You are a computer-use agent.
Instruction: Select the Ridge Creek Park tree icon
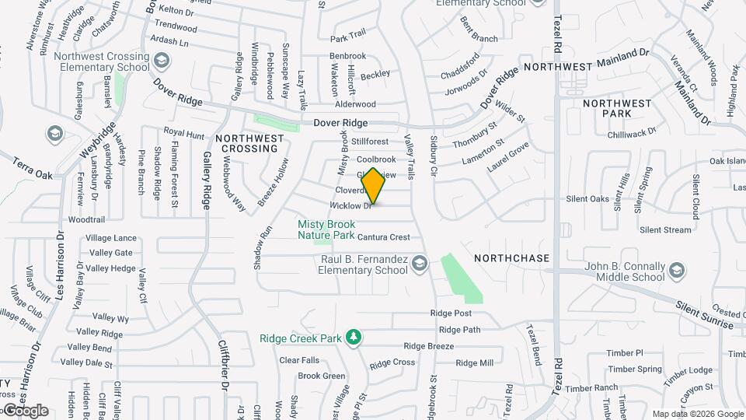coord(354,336)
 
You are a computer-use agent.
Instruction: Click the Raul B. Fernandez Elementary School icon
coord(420,262)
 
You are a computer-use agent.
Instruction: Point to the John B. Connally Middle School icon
coord(678,270)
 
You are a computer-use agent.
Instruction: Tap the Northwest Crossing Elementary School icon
coord(162,60)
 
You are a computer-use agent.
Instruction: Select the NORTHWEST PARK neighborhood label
coord(617,108)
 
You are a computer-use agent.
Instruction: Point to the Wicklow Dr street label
coord(352,206)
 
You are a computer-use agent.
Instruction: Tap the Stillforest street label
coord(369,142)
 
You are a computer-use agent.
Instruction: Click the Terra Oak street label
coord(33,170)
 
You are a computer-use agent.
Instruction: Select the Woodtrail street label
coord(86,220)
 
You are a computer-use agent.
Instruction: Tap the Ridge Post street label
coord(451,313)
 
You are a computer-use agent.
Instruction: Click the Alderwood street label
coord(355,104)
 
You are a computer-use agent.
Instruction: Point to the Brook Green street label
coord(322,376)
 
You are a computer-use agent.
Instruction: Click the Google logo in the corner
coord(25,411)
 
